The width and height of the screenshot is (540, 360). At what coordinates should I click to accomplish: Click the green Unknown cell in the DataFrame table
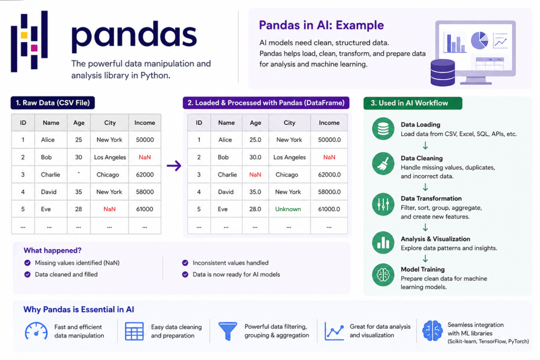(288, 209)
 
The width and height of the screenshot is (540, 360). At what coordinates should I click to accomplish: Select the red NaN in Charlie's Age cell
(255, 174)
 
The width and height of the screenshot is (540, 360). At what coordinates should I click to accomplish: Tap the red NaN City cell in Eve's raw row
(110, 209)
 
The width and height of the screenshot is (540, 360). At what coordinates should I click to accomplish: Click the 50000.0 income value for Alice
(329, 140)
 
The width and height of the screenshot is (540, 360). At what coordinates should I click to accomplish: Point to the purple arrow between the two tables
(174, 166)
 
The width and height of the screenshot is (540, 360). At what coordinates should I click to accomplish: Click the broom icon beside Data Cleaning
(383, 163)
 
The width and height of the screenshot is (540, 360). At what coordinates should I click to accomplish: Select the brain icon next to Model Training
(383, 275)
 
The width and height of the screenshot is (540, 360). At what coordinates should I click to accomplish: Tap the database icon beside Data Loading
(383, 129)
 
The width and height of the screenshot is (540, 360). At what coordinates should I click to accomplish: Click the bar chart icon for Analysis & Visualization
(383, 242)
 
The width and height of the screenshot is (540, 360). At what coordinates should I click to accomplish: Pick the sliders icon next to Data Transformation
(383, 204)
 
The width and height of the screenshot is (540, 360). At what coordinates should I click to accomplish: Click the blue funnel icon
(228, 331)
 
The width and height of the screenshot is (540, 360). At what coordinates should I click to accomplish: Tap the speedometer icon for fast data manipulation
(36, 331)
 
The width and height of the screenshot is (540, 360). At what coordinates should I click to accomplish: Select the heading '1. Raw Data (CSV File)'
(53, 103)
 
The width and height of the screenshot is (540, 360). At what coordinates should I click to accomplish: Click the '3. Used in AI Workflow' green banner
(413, 103)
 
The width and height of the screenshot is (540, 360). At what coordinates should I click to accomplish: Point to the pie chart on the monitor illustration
(479, 40)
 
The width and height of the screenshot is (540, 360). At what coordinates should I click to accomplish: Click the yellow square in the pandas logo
(24, 35)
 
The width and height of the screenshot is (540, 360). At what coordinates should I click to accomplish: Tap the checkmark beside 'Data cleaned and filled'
(27, 274)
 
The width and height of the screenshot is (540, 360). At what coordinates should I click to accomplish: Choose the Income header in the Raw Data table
(144, 122)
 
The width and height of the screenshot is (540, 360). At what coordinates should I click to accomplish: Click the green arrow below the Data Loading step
(426, 145)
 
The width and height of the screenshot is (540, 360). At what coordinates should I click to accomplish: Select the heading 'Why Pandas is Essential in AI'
(79, 309)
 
